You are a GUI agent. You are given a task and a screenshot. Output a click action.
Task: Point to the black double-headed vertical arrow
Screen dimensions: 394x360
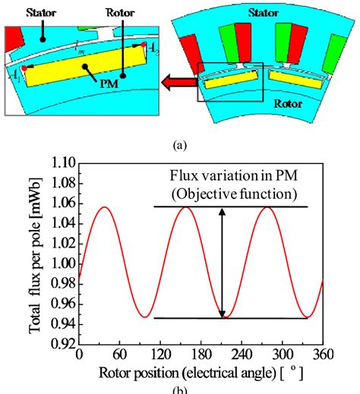[x=222, y=263]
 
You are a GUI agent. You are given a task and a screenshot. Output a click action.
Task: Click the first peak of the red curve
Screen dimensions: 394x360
[x=106, y=206]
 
